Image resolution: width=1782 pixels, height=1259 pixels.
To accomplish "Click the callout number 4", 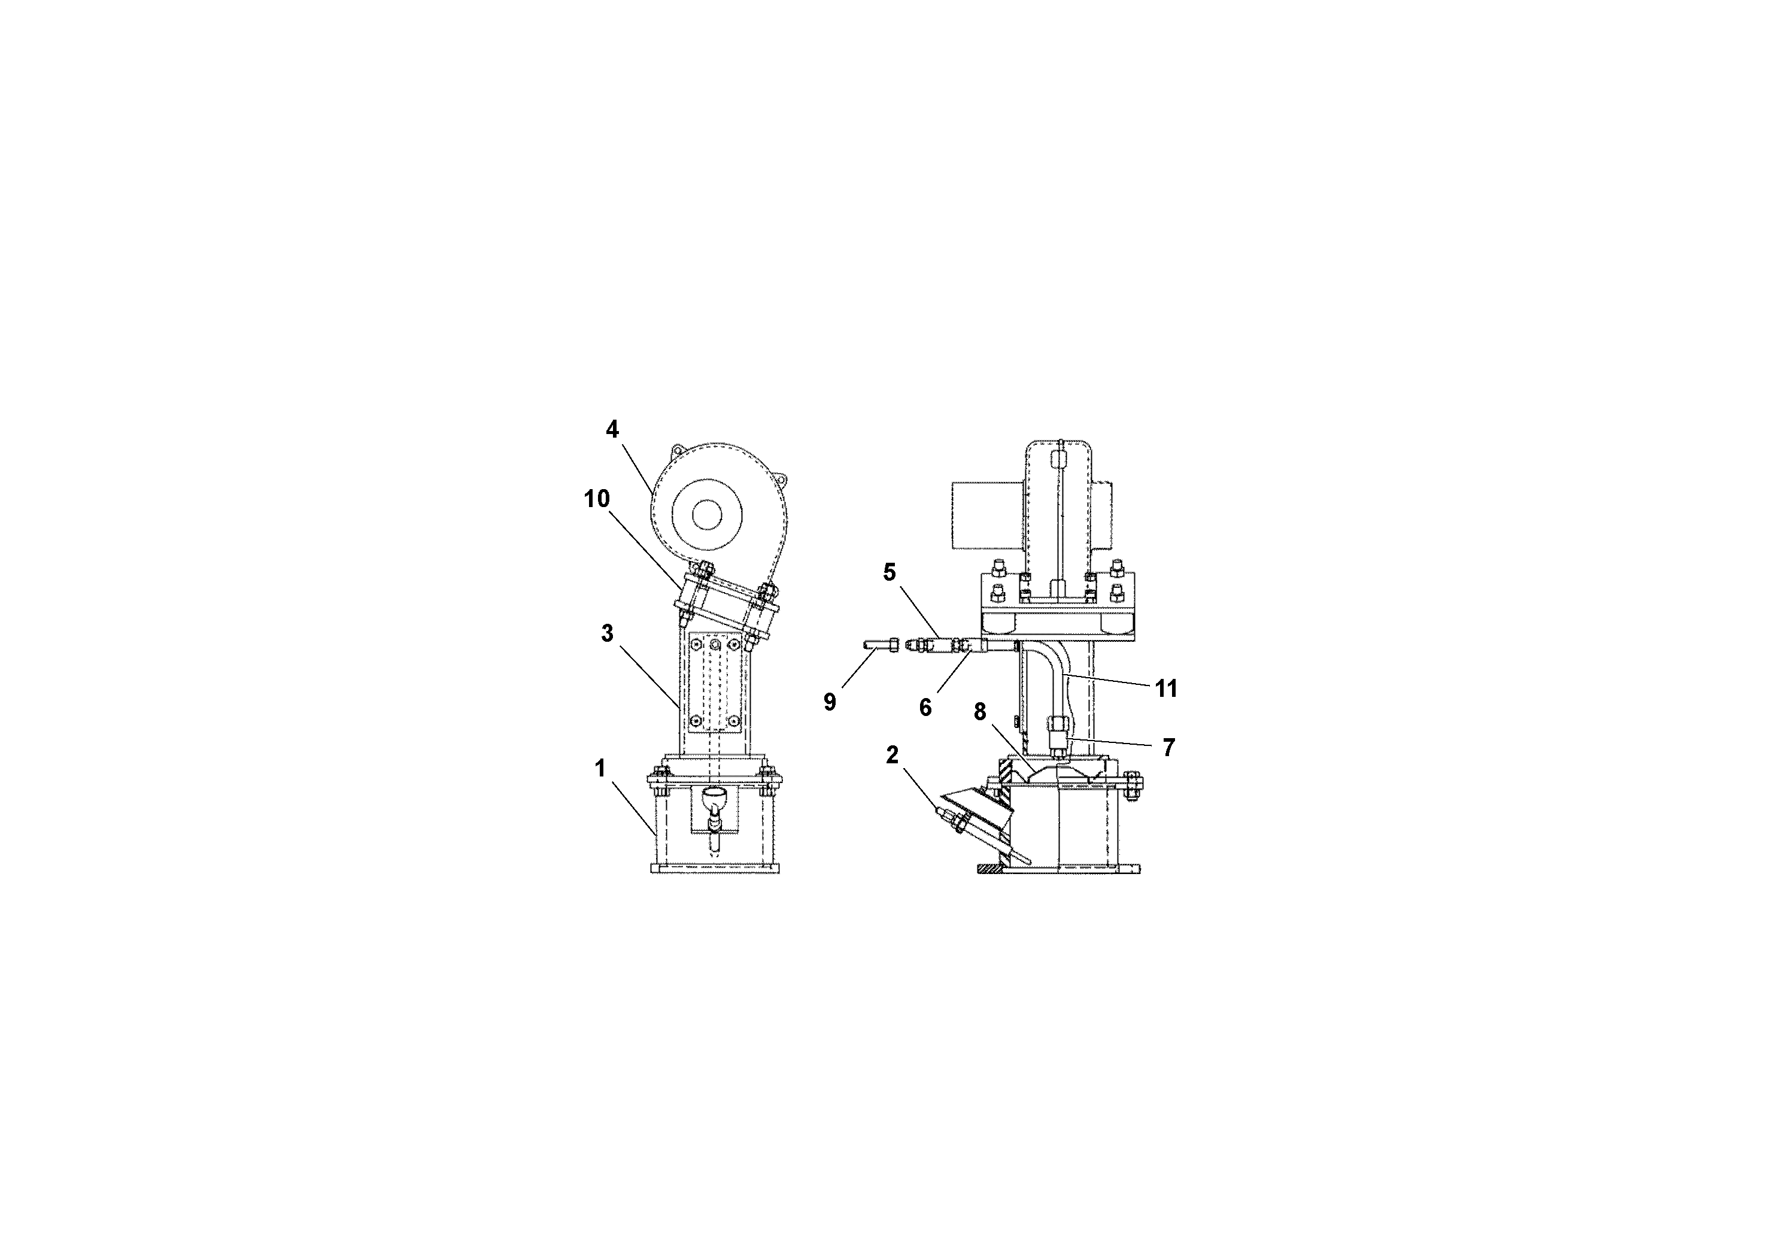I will pyautogui.click(x=612, y=429).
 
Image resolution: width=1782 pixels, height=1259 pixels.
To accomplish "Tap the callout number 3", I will pyautogui.click(x=607, y=633).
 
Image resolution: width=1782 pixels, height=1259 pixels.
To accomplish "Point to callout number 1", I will pyautogui.click(x=600, y=769).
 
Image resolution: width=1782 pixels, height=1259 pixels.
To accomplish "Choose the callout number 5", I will pyautogui.click(x=890, y=572).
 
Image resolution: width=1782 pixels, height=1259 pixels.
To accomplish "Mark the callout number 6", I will pyautogui.click(x=925, y=707).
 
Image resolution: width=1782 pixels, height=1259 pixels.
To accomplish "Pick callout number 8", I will pyautogui.click(x=980, y=711).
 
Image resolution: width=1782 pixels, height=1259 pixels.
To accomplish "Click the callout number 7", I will pyautogui.click(x=1168, y=748).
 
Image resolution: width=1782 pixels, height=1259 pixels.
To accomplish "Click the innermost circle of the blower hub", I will pyautogui.click(x=707, y=513).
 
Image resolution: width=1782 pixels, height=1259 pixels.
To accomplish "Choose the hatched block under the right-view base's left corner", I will pyautogui.click(x=990, y=869).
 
